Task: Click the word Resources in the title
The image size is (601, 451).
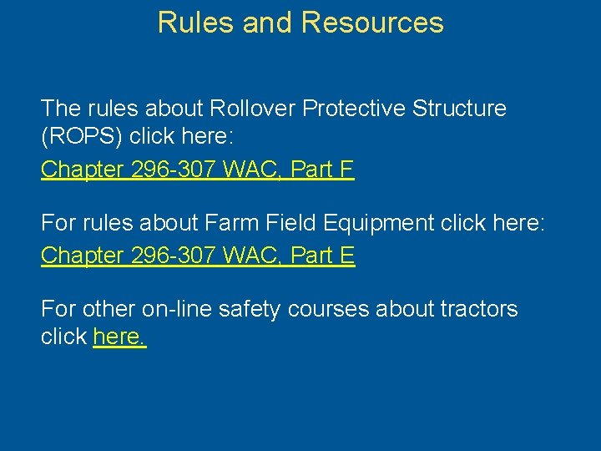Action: [372, 23]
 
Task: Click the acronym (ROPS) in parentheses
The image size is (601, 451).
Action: [82, 137]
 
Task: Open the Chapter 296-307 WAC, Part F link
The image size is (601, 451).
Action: [198, 170]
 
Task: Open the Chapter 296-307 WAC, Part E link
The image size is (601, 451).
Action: [198, 256]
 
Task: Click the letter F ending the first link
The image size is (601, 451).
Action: [347, 170]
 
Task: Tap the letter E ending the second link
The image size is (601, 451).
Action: [347, 256]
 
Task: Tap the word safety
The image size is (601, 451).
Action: [249, 309]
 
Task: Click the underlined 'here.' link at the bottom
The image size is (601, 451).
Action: [119, 337]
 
